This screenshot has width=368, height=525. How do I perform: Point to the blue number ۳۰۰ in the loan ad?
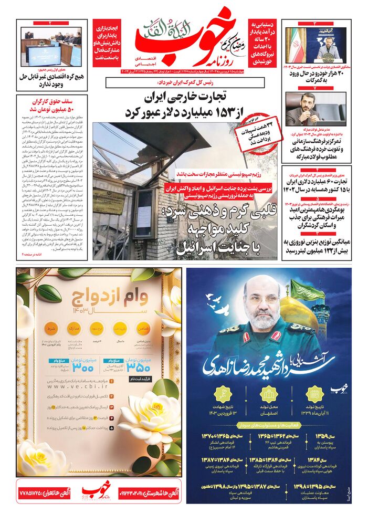click(x=85, y=367)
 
